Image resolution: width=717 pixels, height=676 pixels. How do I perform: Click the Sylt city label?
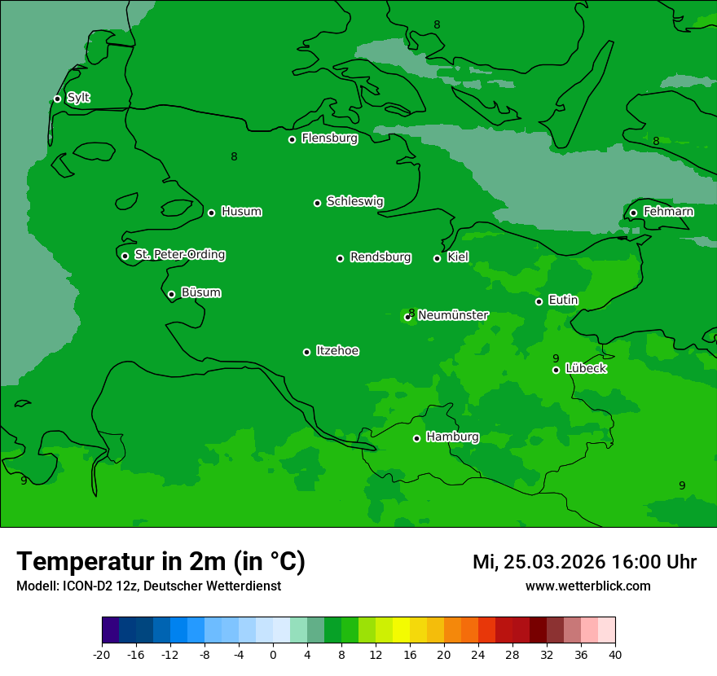click(x=78, y=98)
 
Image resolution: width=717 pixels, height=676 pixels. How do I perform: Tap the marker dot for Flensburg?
click(x=292, y=139)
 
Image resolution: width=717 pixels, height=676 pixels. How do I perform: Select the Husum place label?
click(x=241, y=212)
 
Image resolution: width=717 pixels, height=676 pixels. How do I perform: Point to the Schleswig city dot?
click(x=317, y=203)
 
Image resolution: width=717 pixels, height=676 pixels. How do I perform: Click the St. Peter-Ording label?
click(x=179, y=255)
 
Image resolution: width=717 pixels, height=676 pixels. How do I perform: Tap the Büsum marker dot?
click(x=171, y=295)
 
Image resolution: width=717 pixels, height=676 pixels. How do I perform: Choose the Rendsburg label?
click(x=380, y=257)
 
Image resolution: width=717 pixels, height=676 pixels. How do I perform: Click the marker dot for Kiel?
click(x=437, y=258)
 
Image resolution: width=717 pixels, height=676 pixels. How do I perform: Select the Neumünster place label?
click(x=453, y=315)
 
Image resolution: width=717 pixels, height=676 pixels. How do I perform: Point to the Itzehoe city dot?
click(x=306, y=352)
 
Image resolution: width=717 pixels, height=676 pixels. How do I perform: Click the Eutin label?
click(x=563, y=301)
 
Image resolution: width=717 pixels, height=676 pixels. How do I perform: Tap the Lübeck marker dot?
click(x=556, y=370)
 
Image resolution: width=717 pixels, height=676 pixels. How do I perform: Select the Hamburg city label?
click(x=452, y=437)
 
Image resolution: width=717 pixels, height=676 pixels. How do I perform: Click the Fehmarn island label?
click(x=668, y=212)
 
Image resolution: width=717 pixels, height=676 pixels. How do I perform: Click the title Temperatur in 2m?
click(x=161, y=561)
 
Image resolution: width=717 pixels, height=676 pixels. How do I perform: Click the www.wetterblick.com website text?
click(x=587, y=586)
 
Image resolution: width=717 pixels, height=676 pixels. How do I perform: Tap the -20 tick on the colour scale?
click(x=102, y=654)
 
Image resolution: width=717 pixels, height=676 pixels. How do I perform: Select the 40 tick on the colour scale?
click(x=615, y=654)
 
